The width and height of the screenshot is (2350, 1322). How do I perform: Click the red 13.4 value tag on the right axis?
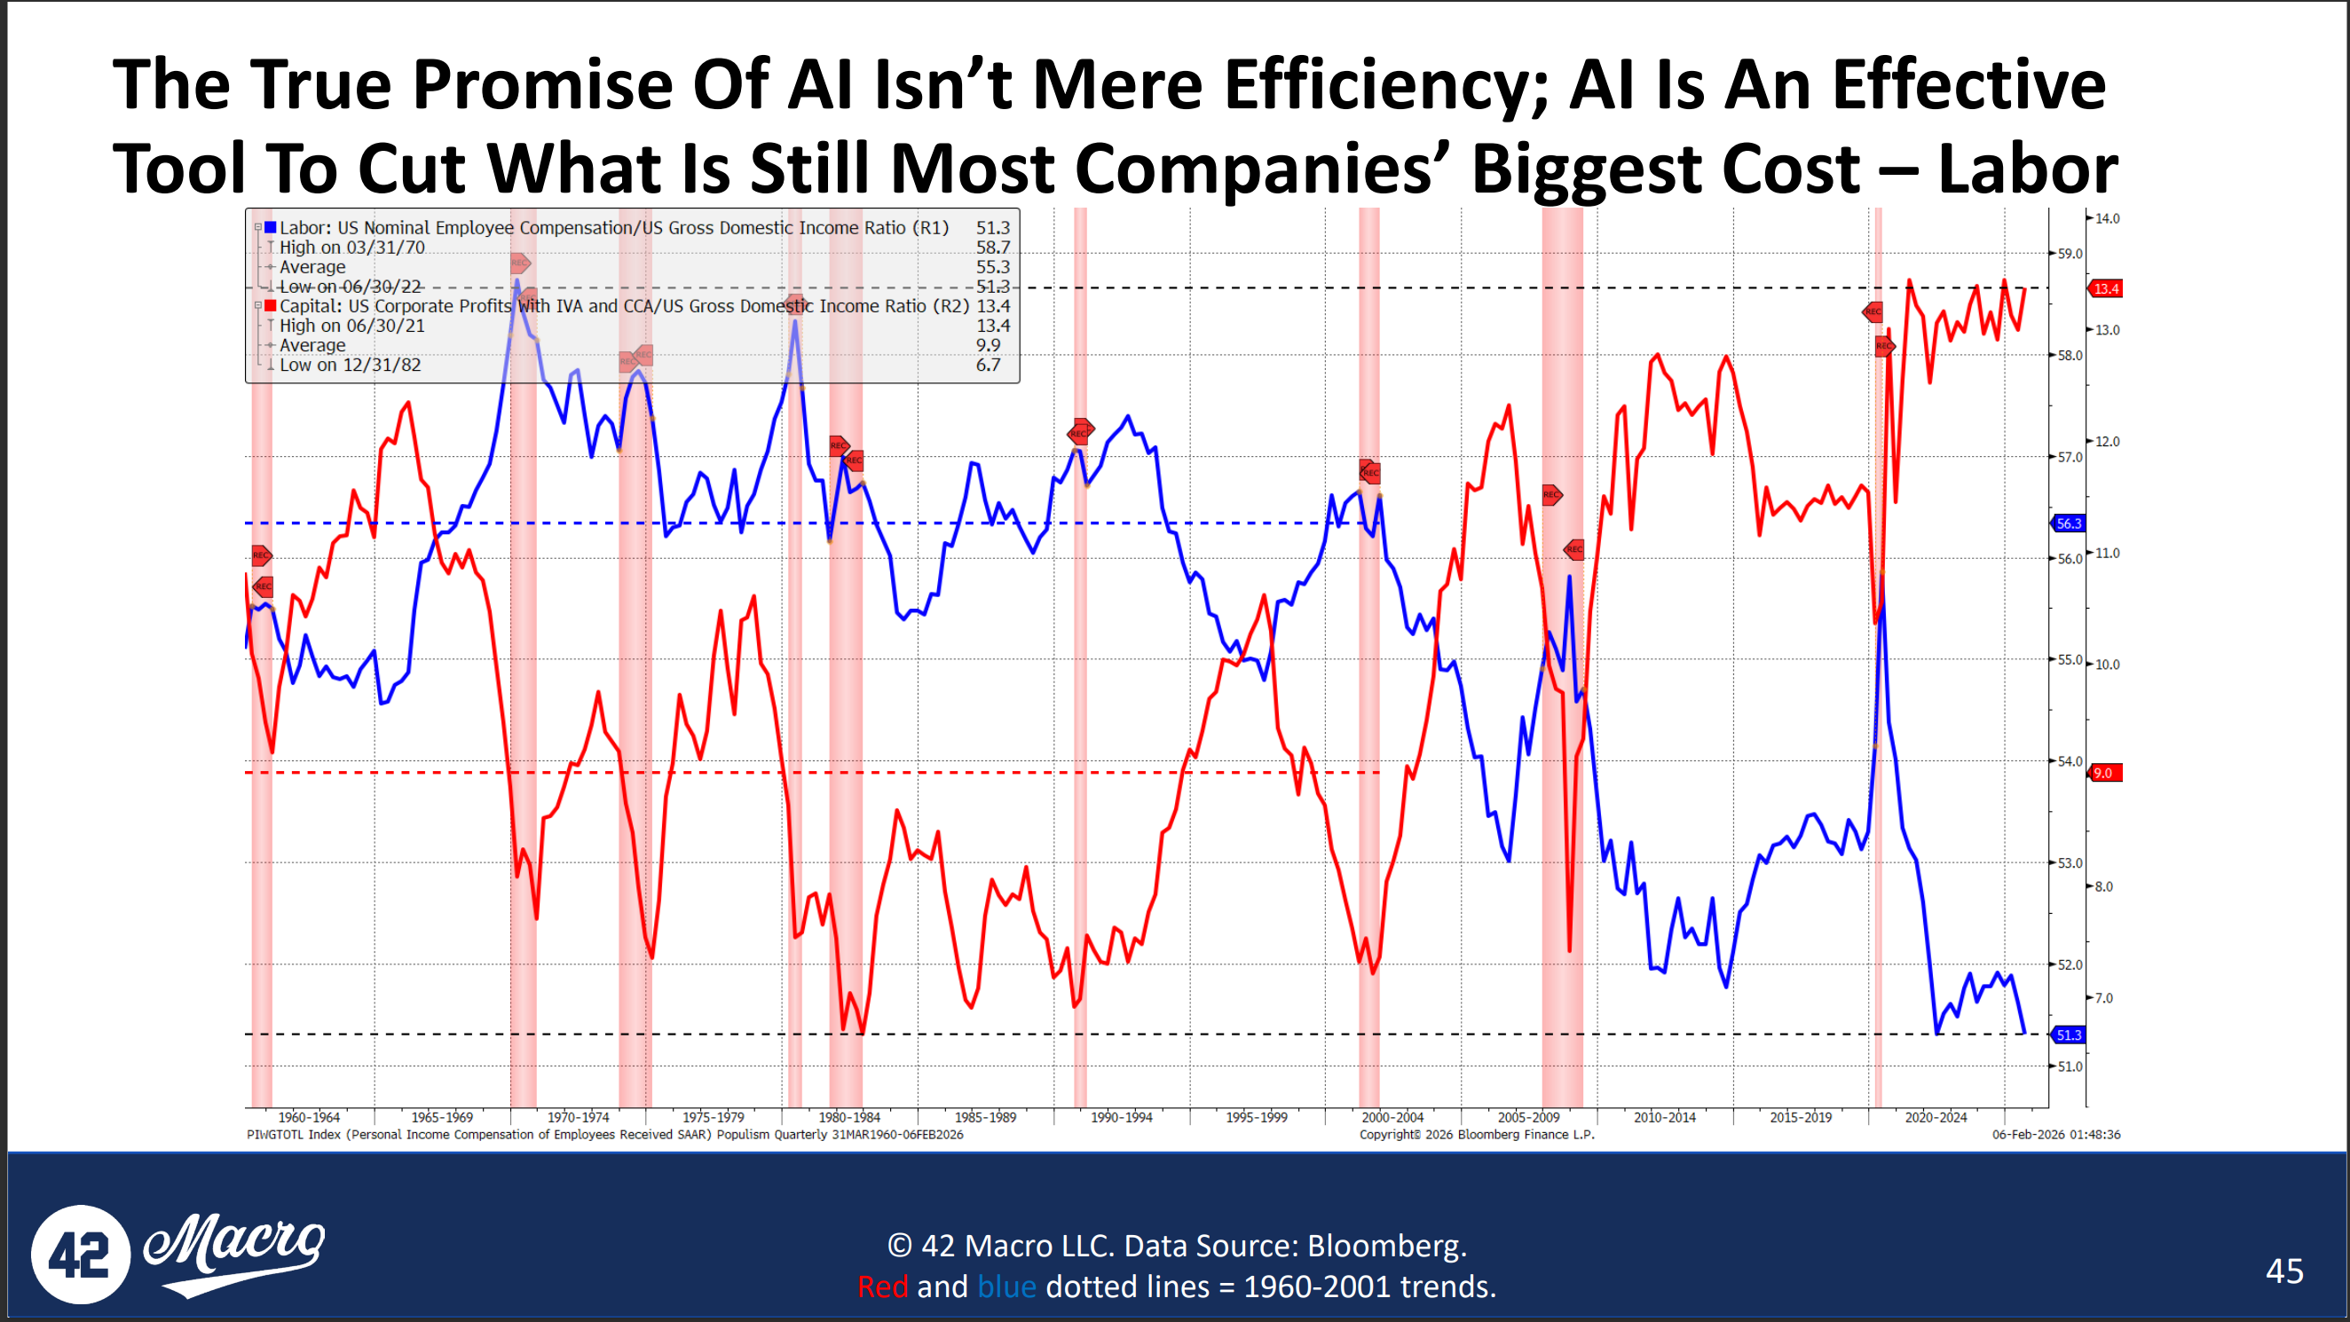coord(2107,289)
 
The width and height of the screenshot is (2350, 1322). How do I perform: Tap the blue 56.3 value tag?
coord(2069,523)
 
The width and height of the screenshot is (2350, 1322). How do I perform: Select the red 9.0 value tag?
coord(2103,773)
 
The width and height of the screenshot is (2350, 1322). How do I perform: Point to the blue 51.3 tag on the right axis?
coord(2069,1035)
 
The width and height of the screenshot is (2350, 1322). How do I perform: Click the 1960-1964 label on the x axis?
coord(308,1117)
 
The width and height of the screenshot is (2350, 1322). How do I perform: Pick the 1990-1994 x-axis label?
coord(1121,1117)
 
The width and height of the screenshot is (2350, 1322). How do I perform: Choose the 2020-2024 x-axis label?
coord(1936,1117)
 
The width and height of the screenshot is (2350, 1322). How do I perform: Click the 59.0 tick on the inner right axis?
coord(2070,254)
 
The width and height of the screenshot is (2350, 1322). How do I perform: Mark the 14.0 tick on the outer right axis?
coord(2108,219)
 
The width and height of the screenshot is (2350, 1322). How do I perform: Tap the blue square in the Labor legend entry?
coord(270,227)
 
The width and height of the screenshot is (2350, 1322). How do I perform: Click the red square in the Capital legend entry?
coord(270,305)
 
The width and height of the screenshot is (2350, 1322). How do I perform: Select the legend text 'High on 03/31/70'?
coord(352,248)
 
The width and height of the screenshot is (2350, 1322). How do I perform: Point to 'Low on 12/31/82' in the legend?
coord(351,365)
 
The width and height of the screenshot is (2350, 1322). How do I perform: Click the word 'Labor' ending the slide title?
coord(2027,169)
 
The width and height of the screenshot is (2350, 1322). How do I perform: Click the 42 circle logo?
coord(79,1255)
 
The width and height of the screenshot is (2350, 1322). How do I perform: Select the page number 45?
coord(2284,1271)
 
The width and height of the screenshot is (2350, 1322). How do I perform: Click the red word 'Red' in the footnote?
coord(882,1287)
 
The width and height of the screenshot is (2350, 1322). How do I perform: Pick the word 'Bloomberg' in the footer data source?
coord(1385,1246)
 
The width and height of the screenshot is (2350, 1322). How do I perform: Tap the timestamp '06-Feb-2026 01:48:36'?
coord(2055,1135)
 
